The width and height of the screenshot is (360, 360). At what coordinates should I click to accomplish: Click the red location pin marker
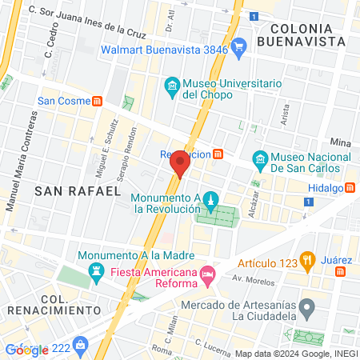click(x=180, y=163)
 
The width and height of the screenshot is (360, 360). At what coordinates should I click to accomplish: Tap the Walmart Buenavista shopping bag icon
click(x=238, y=49)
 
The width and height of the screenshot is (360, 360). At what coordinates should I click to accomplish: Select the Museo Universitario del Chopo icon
click(x=171, y=86)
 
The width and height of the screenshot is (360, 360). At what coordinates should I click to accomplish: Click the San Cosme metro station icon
click(x=98, y=101)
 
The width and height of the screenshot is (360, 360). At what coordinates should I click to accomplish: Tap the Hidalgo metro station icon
click(x=350, y=188)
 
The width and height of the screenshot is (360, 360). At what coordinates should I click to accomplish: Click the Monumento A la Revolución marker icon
click(x=210, y=200)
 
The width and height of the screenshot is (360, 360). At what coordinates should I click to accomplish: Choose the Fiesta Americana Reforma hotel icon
click(x=207, y=275)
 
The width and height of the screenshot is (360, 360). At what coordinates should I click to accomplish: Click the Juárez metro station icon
click(x=341, y=272)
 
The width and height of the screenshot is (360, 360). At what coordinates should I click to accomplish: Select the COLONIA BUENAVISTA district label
click(x=306, y=34)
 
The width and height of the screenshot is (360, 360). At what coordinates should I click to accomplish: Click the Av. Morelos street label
click(x=249, y=280)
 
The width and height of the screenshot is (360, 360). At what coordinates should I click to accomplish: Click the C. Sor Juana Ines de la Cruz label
click(x=86, y=22)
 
